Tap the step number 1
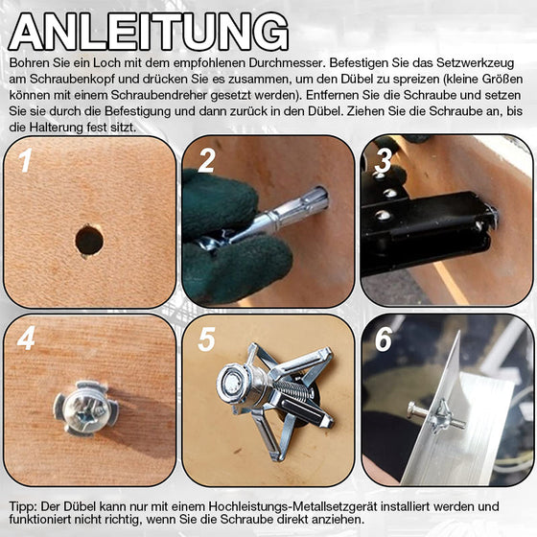point(26,160)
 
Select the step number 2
point(205,160)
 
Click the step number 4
point(26,339)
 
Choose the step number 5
point(205,340)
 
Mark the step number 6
point(384,339)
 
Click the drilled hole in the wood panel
point(89,240)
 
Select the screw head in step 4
point(87,404)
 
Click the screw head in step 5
point(231,382)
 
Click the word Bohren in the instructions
point(29,62)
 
